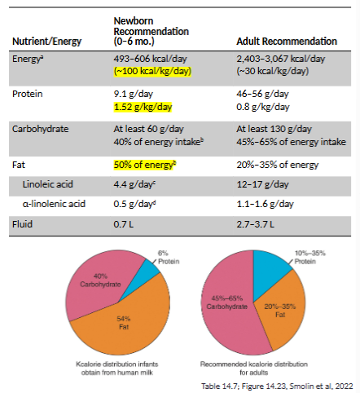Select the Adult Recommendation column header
[x=286, y=41]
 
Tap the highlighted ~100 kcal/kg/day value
[x=153, y=71]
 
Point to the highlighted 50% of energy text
[x=146, y=164]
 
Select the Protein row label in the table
[x=29, y=95]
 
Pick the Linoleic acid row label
[x=50, y=184]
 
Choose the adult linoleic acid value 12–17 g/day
[x=261, y=184]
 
